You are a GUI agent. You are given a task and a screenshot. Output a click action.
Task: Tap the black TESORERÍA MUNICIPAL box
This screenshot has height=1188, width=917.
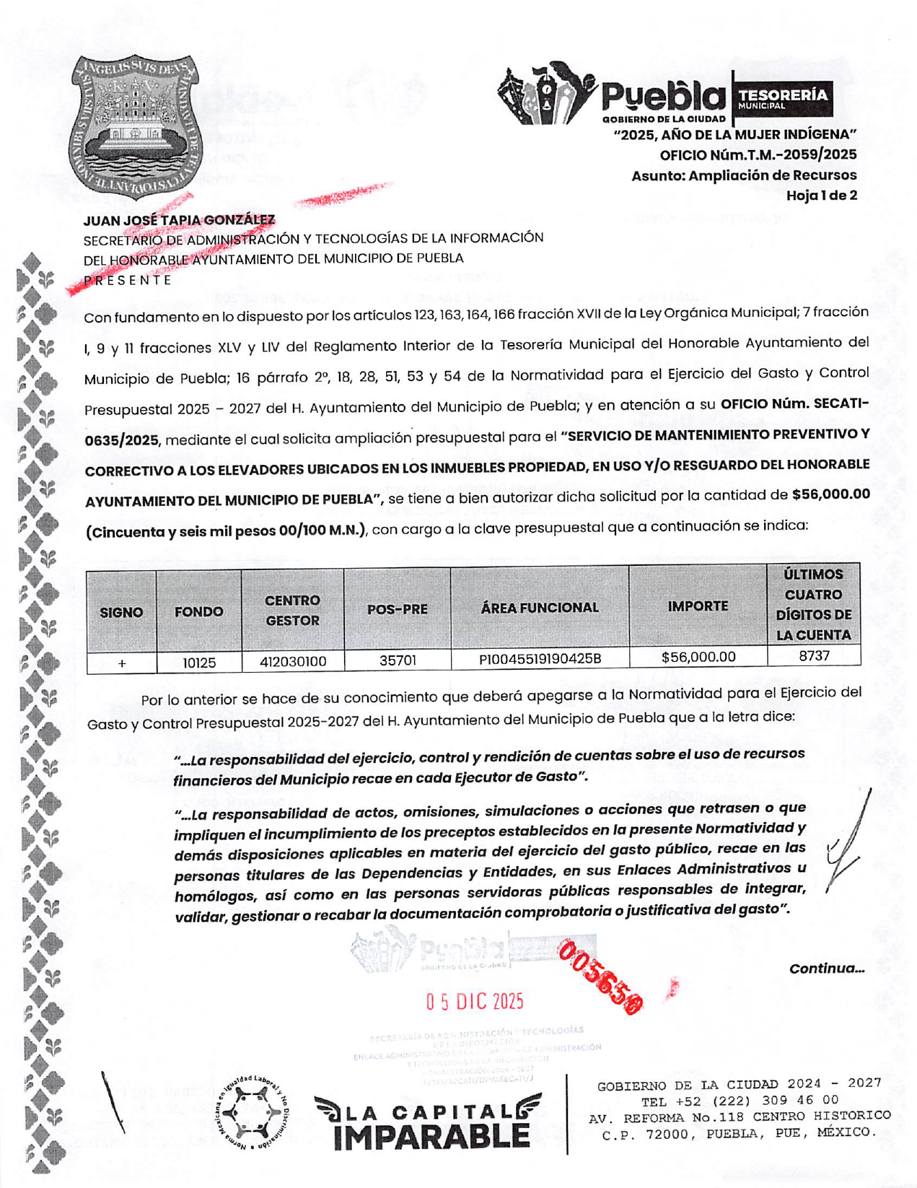click(x=781, y=98)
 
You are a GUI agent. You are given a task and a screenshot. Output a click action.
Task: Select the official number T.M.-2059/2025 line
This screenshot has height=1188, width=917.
click(x=758, y=154)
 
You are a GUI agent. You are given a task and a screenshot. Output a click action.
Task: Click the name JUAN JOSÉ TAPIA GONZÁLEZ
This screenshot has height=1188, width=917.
click(x=179, y=219)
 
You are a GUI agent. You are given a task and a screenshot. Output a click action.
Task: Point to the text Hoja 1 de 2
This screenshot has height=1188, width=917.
click(x=821, y=195)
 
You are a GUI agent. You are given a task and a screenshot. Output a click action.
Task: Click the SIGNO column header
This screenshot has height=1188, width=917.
click(x=121, y=612)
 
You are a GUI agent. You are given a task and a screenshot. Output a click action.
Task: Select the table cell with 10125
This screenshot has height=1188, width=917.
click(x=199, y=662)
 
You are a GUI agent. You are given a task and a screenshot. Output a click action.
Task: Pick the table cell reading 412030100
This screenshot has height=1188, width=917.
click(x=292, y=661)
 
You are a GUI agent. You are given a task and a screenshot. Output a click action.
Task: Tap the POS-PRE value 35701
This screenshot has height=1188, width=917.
click(x=397, y=660)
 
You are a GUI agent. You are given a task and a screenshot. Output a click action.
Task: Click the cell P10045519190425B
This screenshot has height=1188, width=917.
click(x=540, y=659)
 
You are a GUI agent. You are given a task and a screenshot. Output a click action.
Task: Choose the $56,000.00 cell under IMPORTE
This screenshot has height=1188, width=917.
click(x=698, y=657)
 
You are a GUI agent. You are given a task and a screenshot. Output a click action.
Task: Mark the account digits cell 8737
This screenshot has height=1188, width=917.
click(x=814, y=655)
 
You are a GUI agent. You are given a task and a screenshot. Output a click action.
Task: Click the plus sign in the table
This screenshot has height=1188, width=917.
click(x=122, y=663)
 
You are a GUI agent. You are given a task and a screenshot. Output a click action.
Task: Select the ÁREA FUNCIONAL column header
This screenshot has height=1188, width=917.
click(x=540, y=608)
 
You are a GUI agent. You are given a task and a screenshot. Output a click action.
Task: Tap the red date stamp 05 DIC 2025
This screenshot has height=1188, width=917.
click(x=474, y=1001)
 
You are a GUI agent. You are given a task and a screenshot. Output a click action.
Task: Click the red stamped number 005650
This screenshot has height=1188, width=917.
click(x=600, y=977)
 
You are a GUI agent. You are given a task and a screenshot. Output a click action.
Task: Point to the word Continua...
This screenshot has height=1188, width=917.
click(x=826, y=969)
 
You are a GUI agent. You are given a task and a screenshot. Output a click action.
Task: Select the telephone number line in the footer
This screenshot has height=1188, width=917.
click(x=739, y=1100)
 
